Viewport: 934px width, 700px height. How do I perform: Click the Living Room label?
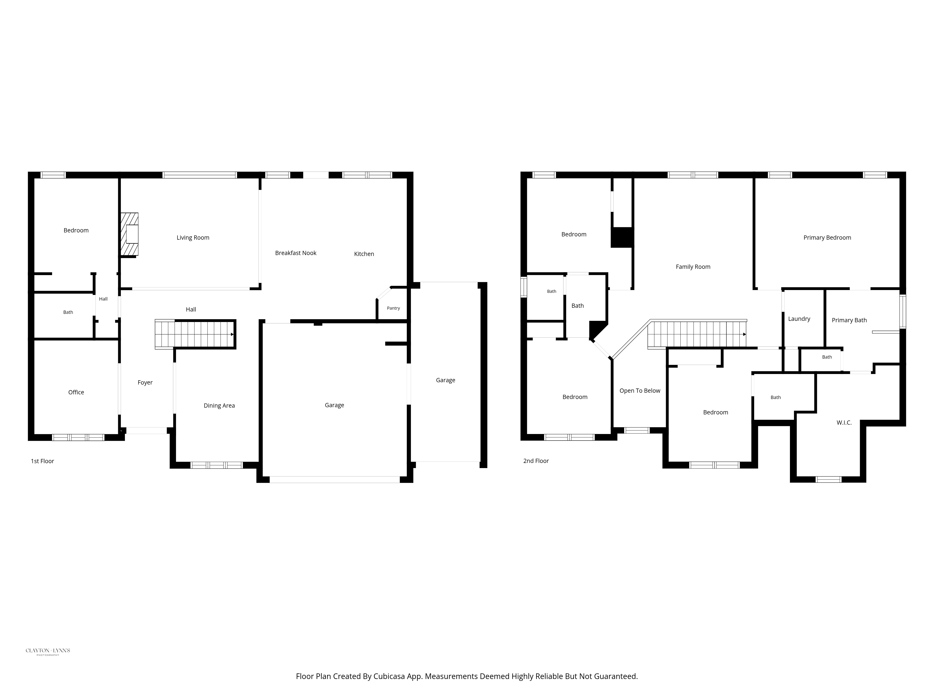[x=193, y=238]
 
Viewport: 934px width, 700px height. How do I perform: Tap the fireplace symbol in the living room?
[x=130, y=234]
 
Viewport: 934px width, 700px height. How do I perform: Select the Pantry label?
[x=393, y=308]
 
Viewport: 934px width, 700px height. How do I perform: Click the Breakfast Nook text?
[x=296, y=253]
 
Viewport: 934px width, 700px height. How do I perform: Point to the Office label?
[x=76, y=392]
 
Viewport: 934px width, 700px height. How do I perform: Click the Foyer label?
[x=145, y=383]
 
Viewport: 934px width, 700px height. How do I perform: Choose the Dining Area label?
[x=219, y=406]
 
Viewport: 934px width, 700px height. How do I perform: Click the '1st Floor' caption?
[x=42, y=461]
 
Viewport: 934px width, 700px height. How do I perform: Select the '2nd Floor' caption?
[x=536, y=461]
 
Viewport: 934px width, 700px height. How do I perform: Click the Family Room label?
[x=693, y=267]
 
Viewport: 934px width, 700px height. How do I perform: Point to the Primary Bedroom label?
[x=827, y=238]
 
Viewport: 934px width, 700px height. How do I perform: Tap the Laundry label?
[x=799, y=319]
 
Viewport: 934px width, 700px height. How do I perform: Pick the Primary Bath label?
[x=849, y=320]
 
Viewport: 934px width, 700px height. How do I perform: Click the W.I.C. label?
[x=844, y=423]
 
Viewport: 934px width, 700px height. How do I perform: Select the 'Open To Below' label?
[x=640, y=391]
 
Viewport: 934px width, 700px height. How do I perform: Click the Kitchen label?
[x=364, y=254]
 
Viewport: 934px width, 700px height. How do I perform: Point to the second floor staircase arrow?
[x=744, y=334]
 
